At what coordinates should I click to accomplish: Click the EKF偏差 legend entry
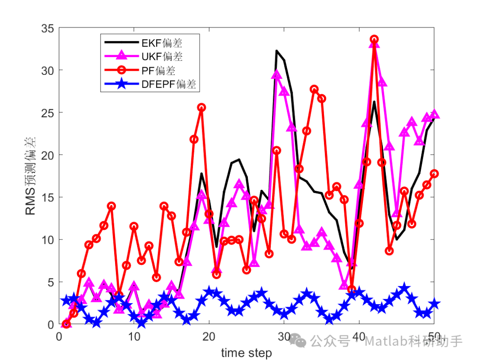162,43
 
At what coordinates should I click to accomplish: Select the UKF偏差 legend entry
162,57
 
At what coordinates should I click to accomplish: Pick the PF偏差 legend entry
158,70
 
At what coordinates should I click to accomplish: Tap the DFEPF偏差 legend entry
169,84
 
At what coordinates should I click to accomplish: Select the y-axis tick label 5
50,282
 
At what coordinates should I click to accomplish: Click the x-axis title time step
247,353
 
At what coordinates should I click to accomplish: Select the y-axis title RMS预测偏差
31,176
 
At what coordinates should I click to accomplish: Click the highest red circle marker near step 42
374,39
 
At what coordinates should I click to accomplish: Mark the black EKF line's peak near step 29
277,51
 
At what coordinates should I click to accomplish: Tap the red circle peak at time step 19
202,108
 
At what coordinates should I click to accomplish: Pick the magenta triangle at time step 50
434,114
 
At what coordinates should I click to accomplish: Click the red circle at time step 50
434,174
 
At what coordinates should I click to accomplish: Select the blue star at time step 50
434,304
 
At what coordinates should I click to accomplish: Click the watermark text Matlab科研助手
413,341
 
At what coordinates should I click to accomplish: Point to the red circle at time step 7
112,206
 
